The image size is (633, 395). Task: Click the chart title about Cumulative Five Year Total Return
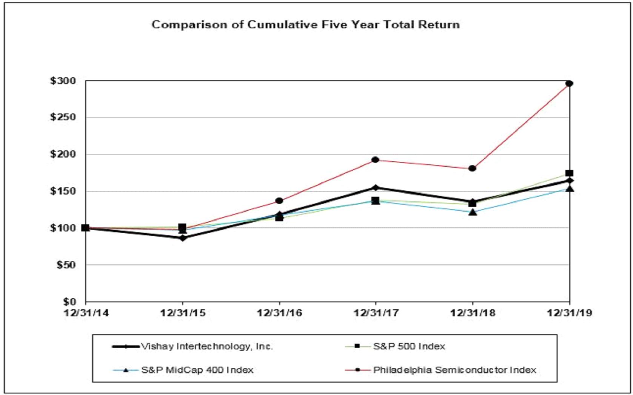coord(305,25)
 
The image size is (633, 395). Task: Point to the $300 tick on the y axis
coord(63,81)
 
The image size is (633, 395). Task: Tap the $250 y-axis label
coord(63,117)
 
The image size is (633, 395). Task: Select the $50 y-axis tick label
coord(66,265)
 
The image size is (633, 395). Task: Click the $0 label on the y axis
coord(69,302)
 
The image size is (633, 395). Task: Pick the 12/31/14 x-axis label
coord(86,313)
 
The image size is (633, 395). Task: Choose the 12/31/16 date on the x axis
coord(279,313)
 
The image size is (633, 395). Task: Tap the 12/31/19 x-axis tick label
coord(569,313)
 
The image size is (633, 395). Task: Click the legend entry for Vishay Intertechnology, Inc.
coord(206,346)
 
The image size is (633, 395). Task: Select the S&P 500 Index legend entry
coord(409,346)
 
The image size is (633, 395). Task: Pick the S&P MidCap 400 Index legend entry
coord(197,370)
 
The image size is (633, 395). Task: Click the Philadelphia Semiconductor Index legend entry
coord(454,370)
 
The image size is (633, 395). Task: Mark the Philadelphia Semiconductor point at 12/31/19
coord(569,84)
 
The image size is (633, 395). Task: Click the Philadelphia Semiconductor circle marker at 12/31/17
coord(376,160)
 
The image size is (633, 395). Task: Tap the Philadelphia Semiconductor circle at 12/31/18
coord(472,168)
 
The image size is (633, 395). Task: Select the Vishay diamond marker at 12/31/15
coord(183,238)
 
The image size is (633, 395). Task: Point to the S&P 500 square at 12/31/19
coord(569,173)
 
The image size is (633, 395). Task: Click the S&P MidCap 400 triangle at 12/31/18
coord(473,212)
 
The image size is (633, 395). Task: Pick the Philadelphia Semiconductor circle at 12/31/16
coord(279,201)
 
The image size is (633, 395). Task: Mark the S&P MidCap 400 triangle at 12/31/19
coord(570,188)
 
